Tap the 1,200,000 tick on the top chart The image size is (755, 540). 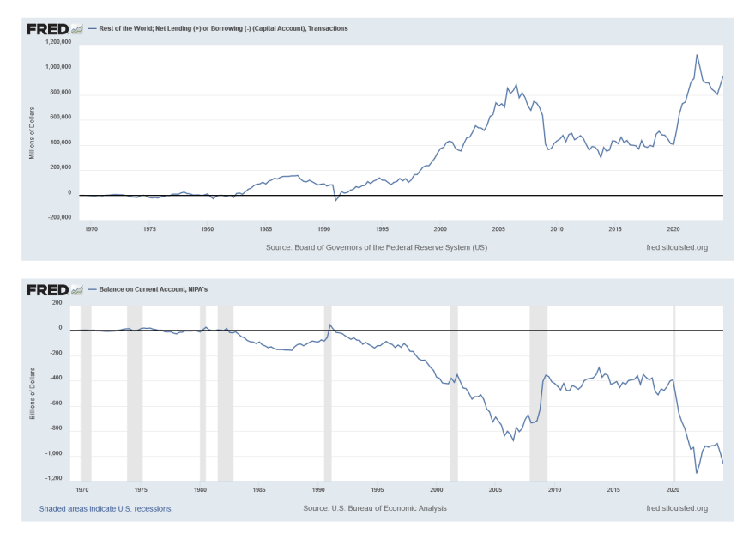point(58,41)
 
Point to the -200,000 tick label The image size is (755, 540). point(58,217)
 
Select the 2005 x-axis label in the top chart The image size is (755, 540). point(498,229)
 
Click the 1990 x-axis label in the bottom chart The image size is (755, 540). point(318,490)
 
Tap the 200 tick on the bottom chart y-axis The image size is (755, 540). point(57,302)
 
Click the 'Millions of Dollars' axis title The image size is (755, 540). point(32,132)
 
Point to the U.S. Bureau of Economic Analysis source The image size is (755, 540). point(375,508)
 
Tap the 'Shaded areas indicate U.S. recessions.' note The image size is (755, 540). point(106,508)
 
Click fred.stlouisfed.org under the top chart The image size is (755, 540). point(677,247)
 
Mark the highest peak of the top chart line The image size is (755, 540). point(697,55)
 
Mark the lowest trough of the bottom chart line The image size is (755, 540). point(697,473)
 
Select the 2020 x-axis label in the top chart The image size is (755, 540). point(673,229)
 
